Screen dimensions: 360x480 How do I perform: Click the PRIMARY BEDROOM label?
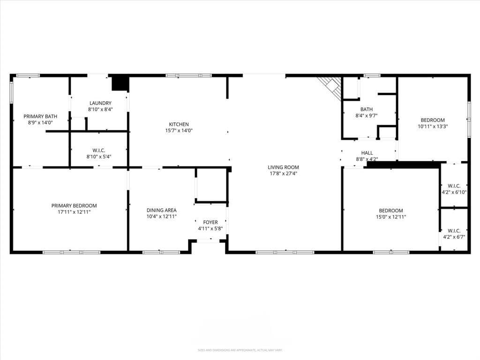(74, 206)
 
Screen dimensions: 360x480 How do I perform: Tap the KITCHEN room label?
(179, 124)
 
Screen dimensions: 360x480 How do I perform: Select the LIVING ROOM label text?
(283, 167)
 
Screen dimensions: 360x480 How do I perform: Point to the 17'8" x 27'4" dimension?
(283, 173)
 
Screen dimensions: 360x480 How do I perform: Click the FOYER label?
(210, 222)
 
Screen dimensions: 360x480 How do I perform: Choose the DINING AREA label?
(161, 210)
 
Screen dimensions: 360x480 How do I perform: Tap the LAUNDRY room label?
(100, 103)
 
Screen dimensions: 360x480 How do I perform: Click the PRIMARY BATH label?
(40, 116)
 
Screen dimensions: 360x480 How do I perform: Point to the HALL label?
(367, 153)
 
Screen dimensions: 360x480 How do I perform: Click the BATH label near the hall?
(367, 109)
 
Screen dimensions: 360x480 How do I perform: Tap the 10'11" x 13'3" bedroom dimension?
(432, 126)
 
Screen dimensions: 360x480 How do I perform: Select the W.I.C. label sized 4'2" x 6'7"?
(454, 231)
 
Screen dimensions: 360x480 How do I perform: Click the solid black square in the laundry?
(120, 83)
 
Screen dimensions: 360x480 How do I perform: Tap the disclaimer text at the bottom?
(240, 350)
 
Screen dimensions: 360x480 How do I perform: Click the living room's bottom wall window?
(285, 252)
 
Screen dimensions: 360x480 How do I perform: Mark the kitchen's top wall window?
(188, 75)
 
